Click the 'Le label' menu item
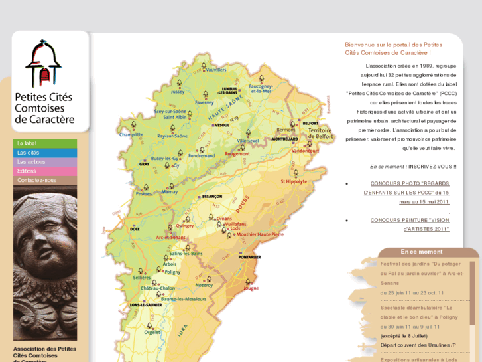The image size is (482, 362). pyautogui.click(x=27, y=143)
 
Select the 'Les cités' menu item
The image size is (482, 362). pyautogui.click(x=29, y=153)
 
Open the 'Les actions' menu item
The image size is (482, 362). pyautogui.click(x=31, y=162)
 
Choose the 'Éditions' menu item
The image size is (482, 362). pyautogui.click(x=27, y=171)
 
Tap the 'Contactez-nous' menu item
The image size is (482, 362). pyautogui.click(x=37, y=180)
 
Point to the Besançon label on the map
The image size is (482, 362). pyautogui.click(x=211, y=197)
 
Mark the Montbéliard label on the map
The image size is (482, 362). pyautogui.click(x=284, y=139)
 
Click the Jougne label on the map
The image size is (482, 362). pyautogui.click(x=251, y=288)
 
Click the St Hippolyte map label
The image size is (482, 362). pyautogui.click(x=294, y=181)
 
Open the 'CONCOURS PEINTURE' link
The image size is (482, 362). pyautogui.click(x=409, y=220)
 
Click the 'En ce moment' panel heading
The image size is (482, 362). pyautogui.click(x=422, y=252)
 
